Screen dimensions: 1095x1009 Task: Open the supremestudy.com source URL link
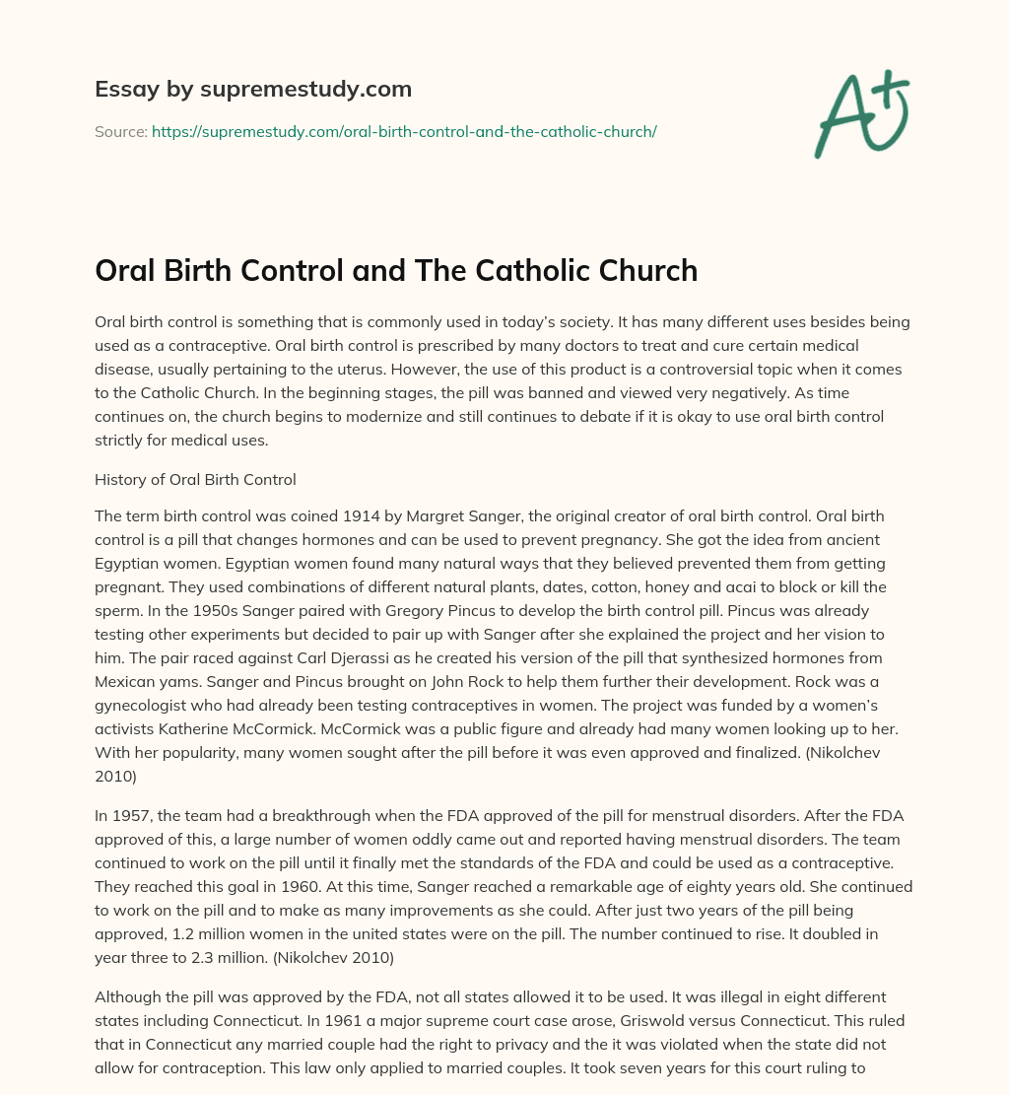pyautogui.click(x=404, y=131)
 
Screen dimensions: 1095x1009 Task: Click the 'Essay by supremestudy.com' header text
pyautogui.click(x=253, y=90)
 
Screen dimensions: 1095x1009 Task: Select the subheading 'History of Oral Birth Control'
pyautogui.click(x=194, y=480)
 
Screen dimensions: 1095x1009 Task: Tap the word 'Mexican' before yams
pyautogui.click(x=124, y=680)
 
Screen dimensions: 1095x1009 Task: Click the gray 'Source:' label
pyautogui.click(x=120, y=131)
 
